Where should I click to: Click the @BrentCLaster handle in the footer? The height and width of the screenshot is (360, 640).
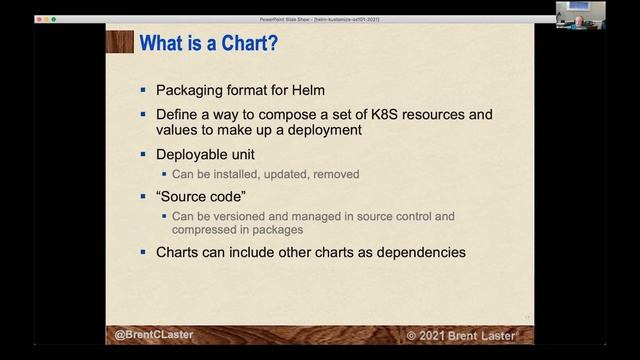tap(153, 334)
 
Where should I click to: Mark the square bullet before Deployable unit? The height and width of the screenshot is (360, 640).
tap(144, 155)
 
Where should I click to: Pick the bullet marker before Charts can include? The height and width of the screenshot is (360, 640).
tap(144, 252)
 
